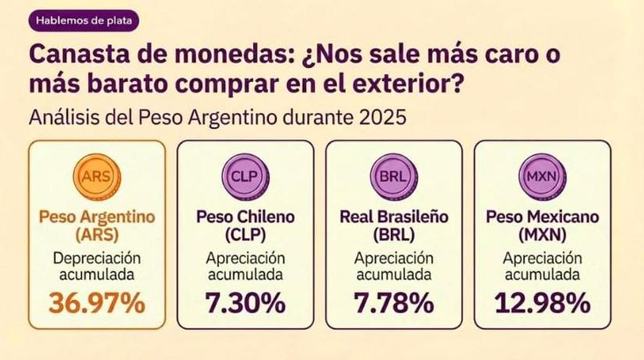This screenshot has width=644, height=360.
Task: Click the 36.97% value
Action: [x=96, y=303]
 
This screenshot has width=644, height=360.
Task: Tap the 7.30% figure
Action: [x=244, y=303]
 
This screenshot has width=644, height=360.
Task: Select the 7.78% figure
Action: [x=393, y=303]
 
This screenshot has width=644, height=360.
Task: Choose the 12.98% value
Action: [x=541, y=303]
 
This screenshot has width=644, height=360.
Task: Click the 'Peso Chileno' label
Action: [x=244, y=215]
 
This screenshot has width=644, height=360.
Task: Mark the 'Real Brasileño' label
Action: [x=393, y=215]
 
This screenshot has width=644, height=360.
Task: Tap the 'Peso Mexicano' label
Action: [x=541, y=215]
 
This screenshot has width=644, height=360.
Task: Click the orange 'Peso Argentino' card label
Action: [x=96, y=215]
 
